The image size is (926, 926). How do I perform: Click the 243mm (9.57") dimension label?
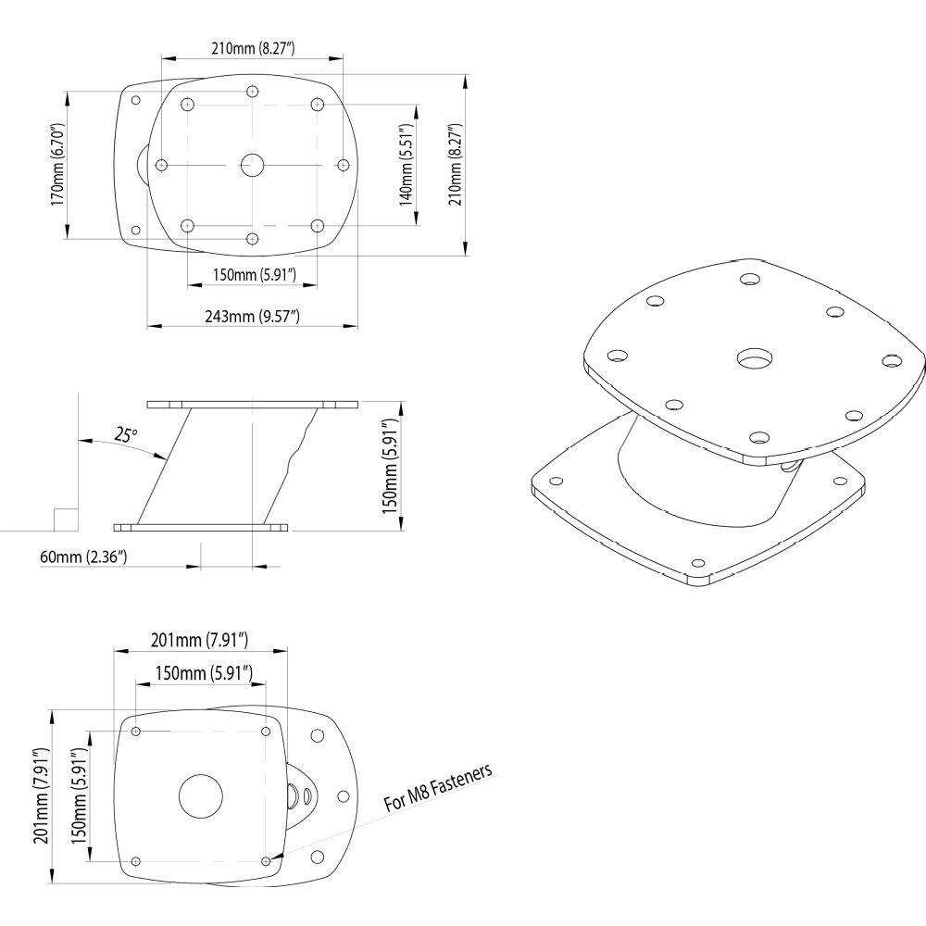click(x=252, y=317)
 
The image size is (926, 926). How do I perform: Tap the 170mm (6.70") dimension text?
click(x=56, y=165)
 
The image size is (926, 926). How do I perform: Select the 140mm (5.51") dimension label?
click(x=406, y=165)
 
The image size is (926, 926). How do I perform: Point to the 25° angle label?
click(x=126, y=435)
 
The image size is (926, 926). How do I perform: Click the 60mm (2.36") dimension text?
click(x=83, y=557)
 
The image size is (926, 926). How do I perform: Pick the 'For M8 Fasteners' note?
click(x=438, y=788)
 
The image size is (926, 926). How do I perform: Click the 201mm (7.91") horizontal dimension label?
click(x=200, y=640)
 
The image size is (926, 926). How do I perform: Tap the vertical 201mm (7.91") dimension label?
click(x=41, y=795)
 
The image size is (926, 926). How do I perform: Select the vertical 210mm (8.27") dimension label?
click(x=455, y=165)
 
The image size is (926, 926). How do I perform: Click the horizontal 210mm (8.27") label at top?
click(x=253, y=48)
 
